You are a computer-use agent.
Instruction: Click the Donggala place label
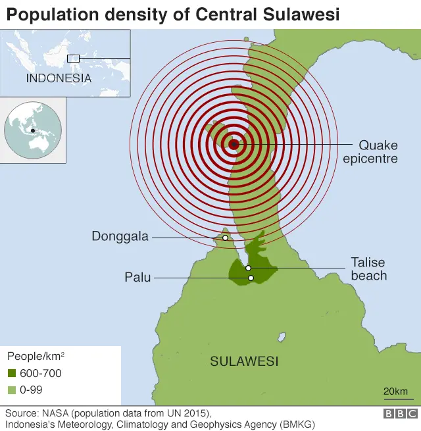pos(120,236)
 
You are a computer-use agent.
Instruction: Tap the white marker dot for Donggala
pos(225,238)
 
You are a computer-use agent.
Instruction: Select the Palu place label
pos(137,278)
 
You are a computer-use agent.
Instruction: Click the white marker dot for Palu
pos(251,278)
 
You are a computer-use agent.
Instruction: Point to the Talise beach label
pos(368,268)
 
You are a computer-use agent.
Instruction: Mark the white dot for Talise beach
pos(248,268)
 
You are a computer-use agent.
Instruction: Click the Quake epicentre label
pos(378,151)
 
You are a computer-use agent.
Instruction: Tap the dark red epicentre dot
pos(234,144)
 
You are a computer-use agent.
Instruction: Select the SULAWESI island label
pos(244,361)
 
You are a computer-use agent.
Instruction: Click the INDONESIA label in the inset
pos(59,78)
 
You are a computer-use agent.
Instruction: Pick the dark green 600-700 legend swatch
pos(12,374)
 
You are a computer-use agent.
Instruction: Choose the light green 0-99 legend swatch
pos(12,390)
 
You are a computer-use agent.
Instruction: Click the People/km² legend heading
pos(36,357)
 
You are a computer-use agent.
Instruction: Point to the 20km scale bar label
pos(395,392)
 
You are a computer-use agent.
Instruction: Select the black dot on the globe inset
pos(33,130)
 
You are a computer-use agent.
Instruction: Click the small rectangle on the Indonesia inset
pos(74,58)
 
